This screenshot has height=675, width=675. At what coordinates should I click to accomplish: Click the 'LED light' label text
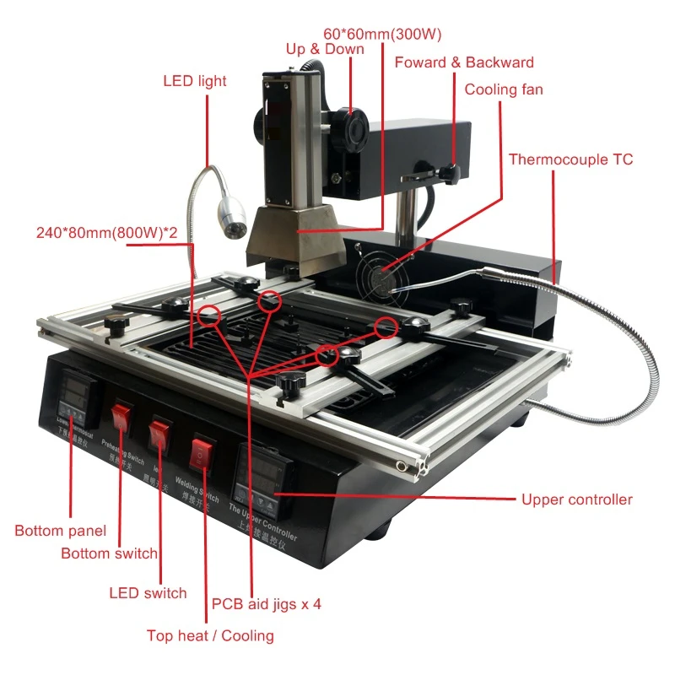tap(195, 81)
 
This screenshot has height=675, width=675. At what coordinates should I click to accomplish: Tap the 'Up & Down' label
tap(325, 49)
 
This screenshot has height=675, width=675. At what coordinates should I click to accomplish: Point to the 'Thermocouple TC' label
tap(570, 159)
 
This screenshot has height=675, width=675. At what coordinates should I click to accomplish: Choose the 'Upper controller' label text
tap(576, 499)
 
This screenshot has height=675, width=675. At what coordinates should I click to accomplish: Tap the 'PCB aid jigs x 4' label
tap(266, 604)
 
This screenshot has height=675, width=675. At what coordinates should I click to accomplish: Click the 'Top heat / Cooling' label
tap(210, 635)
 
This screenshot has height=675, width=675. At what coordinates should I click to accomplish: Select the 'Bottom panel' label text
tap(61, 531)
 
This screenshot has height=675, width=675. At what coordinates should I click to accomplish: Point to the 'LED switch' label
tap(148, 593)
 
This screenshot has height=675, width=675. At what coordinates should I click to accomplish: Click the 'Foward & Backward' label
tap(464, 62)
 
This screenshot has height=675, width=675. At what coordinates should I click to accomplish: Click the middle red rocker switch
tap(159, 434)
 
